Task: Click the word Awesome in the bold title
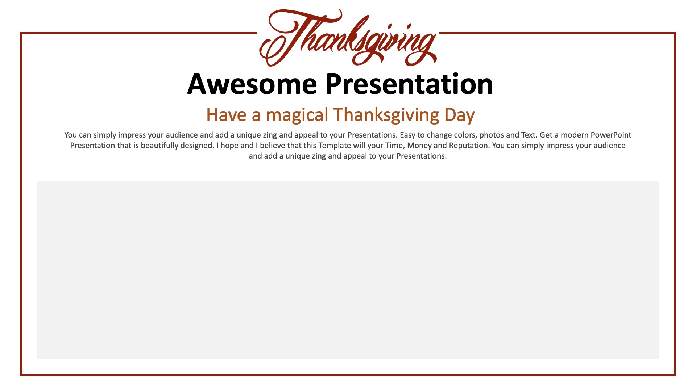[252, 84]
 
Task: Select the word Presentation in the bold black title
[409, 84]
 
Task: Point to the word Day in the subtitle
[460, 115]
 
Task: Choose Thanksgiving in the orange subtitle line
[386, 115]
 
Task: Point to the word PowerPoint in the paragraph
[611, 135]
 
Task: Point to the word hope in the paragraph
[230, 146]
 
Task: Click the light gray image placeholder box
[348, 270]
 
